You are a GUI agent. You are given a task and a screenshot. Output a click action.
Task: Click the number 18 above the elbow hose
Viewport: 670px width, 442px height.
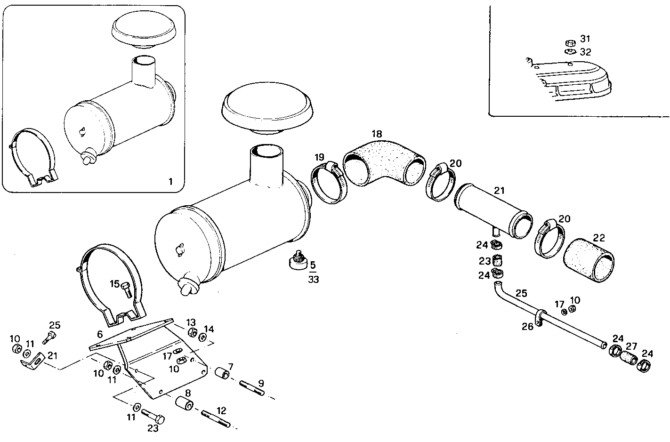coord(376,134)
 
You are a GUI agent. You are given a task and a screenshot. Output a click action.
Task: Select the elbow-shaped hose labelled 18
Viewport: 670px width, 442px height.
coord(384,162)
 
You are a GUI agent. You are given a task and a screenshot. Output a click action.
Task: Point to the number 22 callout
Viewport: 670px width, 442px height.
coord(598,238)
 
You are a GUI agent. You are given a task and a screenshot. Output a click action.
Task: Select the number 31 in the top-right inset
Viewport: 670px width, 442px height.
coord(585,39)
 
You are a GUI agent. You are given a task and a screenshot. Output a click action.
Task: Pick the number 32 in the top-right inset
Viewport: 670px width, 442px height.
coord(585,52)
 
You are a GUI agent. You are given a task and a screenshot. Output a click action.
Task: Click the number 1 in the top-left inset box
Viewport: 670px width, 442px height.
coord(170,181)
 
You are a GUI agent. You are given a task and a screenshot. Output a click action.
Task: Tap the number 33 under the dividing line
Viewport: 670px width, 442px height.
coord(314,279)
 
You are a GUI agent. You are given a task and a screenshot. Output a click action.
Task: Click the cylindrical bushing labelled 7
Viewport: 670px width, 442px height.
coord(222,374)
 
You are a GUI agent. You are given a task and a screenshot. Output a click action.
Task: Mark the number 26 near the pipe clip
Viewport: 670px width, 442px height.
coord(527,326)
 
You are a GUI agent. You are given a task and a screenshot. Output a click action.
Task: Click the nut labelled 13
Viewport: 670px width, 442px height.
coord(193,333)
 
